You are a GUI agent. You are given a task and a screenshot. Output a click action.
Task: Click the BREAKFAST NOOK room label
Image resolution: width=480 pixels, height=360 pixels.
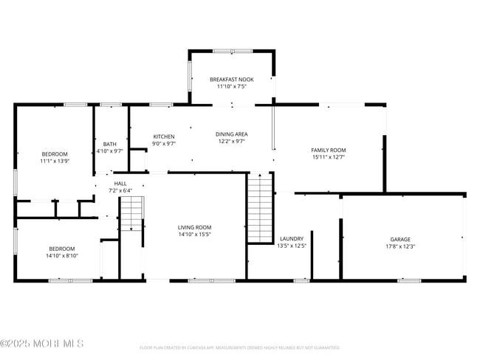click(232, 79)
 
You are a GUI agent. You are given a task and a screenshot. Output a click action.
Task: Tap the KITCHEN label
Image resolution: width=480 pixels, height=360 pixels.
click(163, 137)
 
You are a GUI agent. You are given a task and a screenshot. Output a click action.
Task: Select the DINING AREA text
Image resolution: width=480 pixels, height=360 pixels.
click(231, 134)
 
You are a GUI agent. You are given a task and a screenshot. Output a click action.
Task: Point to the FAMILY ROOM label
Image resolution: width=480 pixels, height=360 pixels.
click(329, 150)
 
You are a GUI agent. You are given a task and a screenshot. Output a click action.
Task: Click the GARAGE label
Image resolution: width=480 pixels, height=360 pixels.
click(401, 240)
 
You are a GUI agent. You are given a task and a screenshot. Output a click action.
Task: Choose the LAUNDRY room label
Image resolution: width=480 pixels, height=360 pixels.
click(291, 239)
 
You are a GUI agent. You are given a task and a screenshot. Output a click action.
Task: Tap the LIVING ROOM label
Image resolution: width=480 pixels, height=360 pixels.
click(194, 228)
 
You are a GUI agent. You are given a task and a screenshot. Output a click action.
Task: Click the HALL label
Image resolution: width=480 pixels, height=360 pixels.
click(120, 184)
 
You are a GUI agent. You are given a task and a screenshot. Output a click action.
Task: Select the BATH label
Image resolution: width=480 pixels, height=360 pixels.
click(109, 145)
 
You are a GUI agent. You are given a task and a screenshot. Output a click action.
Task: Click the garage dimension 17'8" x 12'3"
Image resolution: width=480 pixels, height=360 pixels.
click(401, 247)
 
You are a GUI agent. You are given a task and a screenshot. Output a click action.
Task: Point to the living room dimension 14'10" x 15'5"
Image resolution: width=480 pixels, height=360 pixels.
click(194, 235)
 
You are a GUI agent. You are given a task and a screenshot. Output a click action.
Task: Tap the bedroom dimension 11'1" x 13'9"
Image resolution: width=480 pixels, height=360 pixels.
click(54, 161)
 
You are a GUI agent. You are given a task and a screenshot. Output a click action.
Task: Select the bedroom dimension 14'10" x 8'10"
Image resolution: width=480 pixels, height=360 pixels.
click(62, 256)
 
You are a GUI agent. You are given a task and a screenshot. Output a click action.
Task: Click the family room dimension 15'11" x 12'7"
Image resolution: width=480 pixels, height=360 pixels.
click(329, 157)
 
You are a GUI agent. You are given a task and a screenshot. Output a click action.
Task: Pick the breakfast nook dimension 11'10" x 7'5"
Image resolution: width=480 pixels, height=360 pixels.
click(232, 86)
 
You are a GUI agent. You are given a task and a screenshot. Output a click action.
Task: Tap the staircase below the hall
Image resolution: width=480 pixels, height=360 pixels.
click(131, 213)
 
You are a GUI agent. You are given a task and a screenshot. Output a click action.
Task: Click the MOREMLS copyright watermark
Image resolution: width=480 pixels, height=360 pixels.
click(42, 344)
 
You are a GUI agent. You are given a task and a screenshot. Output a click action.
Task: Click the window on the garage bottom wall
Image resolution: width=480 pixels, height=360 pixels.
click(408, 280)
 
